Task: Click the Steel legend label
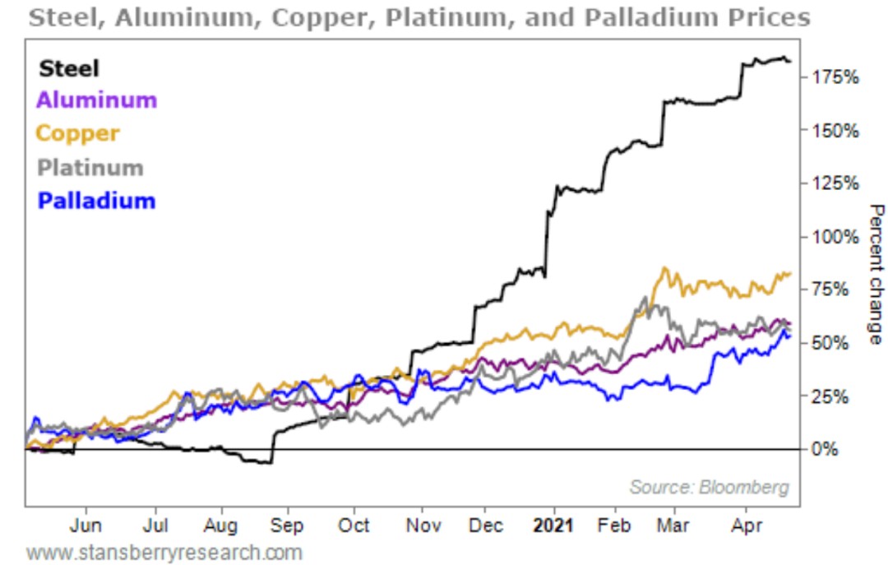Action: click(x=68, y=68)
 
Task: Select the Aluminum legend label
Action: click(x=96, y=100)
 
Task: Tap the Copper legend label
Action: click(x=78, y=133)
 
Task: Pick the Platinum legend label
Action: click(x=90, y=167)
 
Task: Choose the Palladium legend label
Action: click(x=96, y=200)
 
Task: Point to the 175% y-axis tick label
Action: click(x=835, y=77)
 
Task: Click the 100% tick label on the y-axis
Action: click(x=835, y=237)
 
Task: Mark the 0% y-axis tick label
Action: click(x=826, y=449)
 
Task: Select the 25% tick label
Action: click(x=830, y=396)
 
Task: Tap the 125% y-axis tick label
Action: click(x=835, y=183)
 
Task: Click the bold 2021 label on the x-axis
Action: click(x=553, y=526)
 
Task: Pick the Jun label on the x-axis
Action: click(x=86, y=526)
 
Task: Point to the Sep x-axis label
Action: click(x=287, y=526)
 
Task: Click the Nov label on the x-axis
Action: click(x=420, y=526)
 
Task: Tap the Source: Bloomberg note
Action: click(x=709, y=487)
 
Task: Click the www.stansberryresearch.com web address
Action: click(x=164, y=552)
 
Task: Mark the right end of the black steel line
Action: click(x=790, y=62)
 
